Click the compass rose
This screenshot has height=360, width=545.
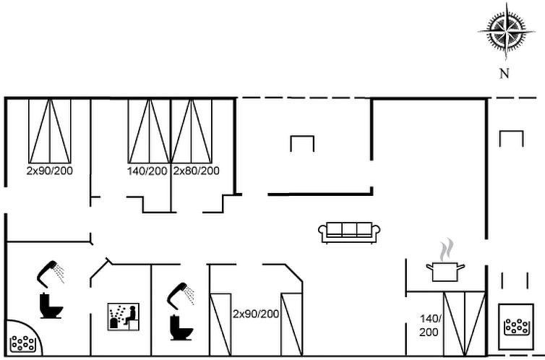coord(506,32)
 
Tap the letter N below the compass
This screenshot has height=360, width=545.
coord(505,74)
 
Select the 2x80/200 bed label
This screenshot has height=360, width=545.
coord(196,171)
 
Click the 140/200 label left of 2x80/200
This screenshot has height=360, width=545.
coord(147,171)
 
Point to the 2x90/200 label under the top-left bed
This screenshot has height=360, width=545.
coord(50,171)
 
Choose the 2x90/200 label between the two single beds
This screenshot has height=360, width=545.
coord(256,314)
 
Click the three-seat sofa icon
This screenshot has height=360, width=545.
coord(349,233)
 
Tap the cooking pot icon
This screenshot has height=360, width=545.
coord(445,272)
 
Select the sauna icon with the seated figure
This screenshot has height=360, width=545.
coord(124,317)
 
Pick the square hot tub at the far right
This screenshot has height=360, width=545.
coord(516,327)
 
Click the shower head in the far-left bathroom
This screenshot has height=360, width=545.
coord(51,273)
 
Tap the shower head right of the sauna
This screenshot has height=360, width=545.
coord(181,296)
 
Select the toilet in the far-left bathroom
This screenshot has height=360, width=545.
coord(51,306)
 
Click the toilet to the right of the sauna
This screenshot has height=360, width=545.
coord(181,327)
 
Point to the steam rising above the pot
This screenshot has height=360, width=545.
coord(447,250)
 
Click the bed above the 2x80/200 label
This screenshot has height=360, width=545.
coord(192,131)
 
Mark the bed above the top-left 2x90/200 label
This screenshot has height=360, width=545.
coord(50,131)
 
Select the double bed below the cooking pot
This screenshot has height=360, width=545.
coord(464,324)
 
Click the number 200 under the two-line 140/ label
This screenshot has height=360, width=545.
coord(429,333)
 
